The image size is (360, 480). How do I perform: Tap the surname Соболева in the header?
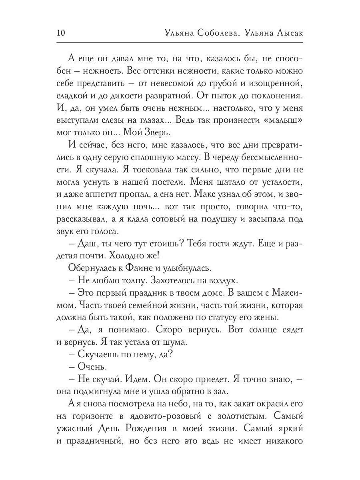216,33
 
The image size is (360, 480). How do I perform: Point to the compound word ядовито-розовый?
168,416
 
